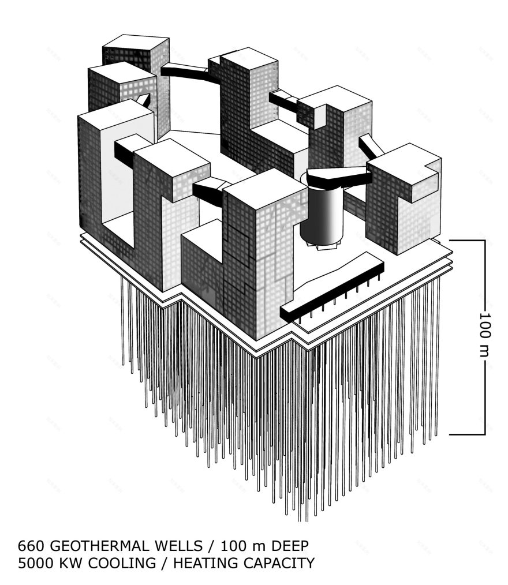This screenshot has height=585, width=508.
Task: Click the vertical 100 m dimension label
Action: tap(484, 335)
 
